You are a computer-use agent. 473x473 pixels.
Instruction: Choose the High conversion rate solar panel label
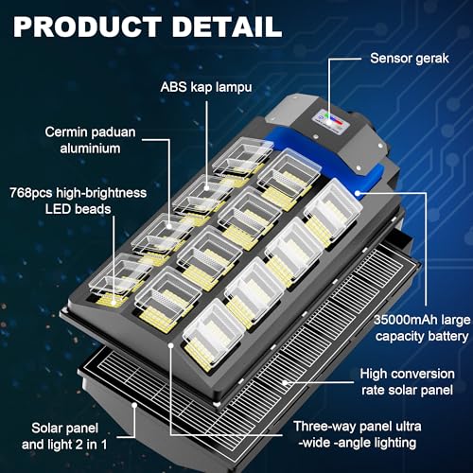coord(411,384)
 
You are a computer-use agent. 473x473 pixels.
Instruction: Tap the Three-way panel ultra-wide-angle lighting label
coord(357,434)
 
